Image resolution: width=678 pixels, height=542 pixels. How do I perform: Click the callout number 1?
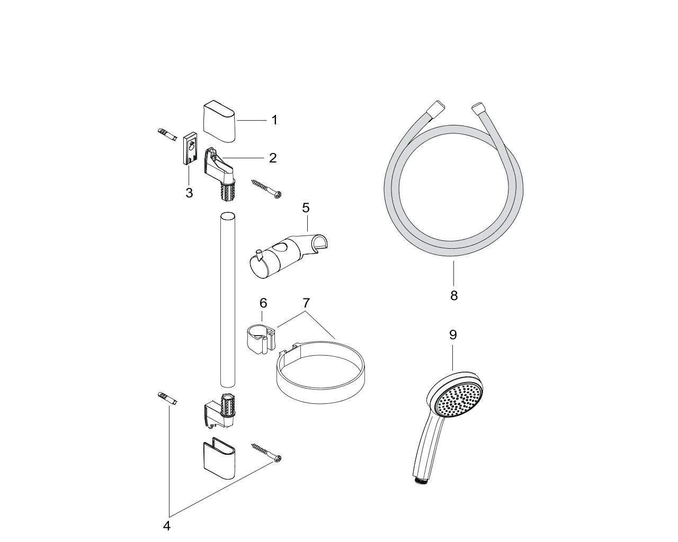click(x=274, y=120)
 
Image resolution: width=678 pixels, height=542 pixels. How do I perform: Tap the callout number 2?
click(x=273, y=158)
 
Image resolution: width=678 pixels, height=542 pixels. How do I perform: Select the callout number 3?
click(x=189, y=193)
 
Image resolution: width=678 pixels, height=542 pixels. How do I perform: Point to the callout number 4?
click(x=167, y=526)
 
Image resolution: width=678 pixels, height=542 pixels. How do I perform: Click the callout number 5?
click(x=306, y=208)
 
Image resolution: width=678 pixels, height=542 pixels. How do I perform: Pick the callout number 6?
click(x=263, y=303)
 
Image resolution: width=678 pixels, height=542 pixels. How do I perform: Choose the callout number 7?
click(x=306, y=303)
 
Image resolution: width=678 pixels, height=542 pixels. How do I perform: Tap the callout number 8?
click(x=454, y=295)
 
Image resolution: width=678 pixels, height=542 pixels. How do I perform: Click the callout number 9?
click(x=453, y=335)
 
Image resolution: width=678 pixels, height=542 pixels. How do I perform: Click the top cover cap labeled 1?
click(x=219, y=121)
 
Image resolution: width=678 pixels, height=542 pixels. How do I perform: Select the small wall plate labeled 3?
click(x=191, y=148)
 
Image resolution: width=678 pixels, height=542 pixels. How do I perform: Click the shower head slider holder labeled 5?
click(x=288, y=256)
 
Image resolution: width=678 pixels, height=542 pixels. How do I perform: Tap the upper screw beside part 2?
click(x=266, y=189)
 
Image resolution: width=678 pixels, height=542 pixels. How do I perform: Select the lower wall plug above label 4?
click(x=167, y=399)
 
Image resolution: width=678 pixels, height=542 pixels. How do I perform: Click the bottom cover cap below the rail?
click(x=219, y=458)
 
